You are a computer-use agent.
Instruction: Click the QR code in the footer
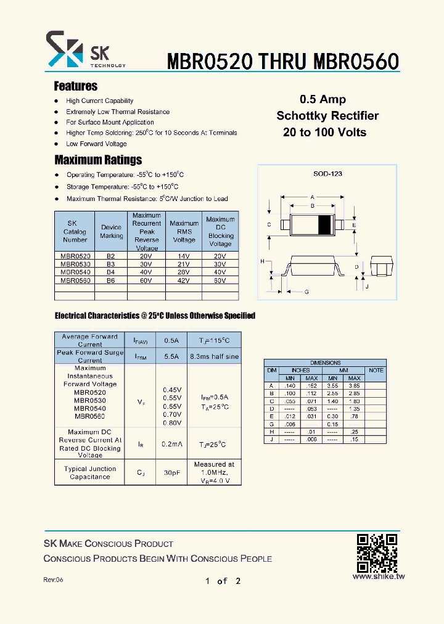377,552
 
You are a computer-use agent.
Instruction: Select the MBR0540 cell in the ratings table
75,271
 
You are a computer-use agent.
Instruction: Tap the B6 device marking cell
111,280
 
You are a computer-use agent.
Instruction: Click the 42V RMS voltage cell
184,280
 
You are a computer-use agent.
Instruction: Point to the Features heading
75,86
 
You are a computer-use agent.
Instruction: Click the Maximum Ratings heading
98,160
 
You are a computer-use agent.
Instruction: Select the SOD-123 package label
327,174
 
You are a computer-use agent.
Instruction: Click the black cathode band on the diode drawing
323,224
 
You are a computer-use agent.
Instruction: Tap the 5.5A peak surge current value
171,356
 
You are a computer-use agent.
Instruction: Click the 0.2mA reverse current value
171,444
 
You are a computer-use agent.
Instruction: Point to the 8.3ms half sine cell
214,356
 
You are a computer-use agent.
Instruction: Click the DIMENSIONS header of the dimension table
325,363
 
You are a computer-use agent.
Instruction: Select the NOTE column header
376,371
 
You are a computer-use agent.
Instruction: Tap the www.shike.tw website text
378,577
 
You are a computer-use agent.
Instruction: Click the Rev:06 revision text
53,580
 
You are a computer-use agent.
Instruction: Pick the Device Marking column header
111,231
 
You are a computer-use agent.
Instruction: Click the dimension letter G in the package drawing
306,292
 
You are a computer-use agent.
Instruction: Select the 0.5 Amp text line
323,99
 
